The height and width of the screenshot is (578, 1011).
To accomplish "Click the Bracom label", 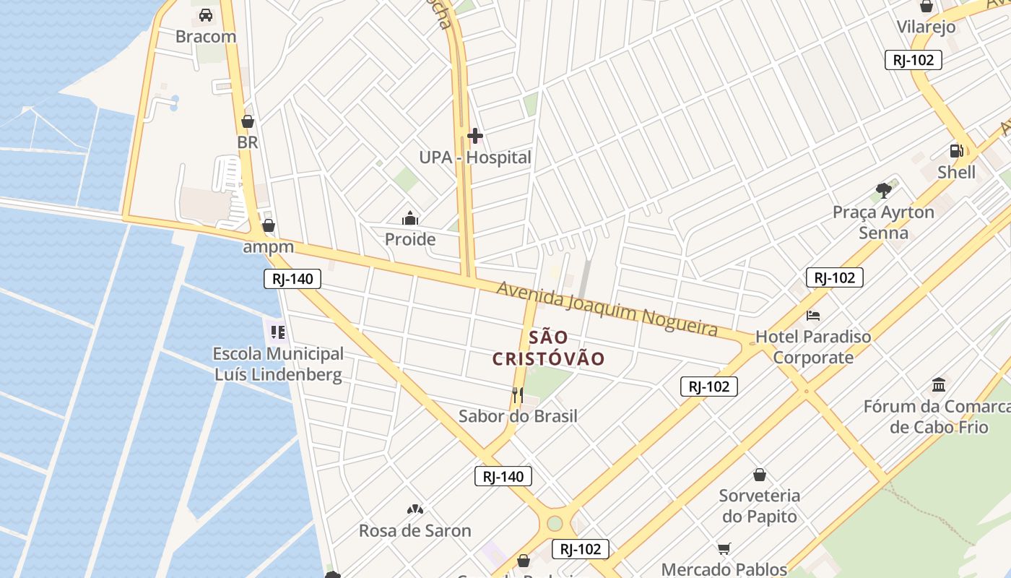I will point(206,36).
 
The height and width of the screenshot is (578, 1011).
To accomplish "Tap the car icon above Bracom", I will point(206,15).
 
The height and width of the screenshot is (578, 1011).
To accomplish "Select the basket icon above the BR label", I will point(248,121).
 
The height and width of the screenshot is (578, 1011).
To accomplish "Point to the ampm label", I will point(268,246).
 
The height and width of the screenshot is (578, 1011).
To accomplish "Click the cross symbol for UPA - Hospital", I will point(474,136).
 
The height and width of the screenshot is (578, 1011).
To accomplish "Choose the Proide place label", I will point(409,239).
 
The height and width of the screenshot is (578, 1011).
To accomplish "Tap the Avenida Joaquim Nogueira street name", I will point(607,309).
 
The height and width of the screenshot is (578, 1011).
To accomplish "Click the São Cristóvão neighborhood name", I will point(548,348).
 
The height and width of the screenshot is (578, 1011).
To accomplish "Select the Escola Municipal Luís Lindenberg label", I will point(278,364).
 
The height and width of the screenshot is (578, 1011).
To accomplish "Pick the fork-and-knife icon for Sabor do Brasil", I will point(517,394).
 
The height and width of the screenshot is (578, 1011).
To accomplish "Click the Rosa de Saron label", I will point(415,530).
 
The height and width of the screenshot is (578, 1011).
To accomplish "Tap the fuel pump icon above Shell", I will point(956,151).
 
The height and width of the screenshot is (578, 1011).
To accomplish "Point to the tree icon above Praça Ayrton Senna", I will point(883,191).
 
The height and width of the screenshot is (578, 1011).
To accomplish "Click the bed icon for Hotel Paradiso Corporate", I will point(813,316).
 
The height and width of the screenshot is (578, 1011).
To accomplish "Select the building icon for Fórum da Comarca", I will point(939,384).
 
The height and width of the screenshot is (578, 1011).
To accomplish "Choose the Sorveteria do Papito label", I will point(759,506).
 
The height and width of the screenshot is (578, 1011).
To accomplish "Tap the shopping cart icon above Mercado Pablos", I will point(724,548).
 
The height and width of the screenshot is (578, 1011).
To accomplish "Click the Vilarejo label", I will point(926,27).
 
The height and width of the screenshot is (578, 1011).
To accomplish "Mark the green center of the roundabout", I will point(555,523).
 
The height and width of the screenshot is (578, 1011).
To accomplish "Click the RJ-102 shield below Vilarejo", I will point(914,60).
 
